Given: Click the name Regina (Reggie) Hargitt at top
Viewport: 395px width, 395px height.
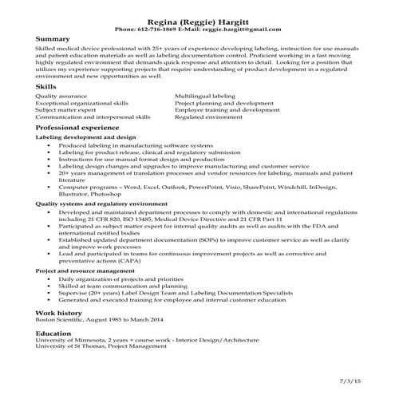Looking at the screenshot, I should click(x=197, y=19).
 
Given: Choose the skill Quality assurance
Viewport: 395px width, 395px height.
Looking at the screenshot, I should click(x=61, y=95).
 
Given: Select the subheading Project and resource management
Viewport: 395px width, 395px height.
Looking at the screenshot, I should click(x=85, y=271).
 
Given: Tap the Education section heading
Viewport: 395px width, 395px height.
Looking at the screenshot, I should click(x=55, y=334).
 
